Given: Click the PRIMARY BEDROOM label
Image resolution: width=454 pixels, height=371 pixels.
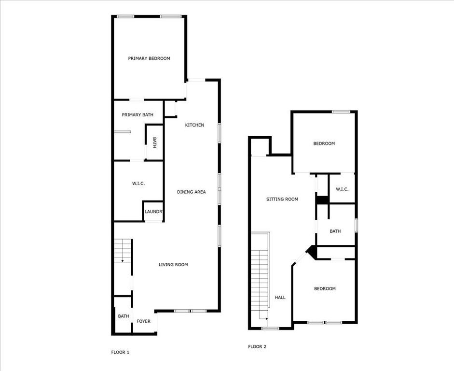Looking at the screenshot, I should pyautogui.click(x=149, y=58).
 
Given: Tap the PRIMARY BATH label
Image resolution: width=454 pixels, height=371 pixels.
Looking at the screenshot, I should pyautogui.click(x=138, y=115).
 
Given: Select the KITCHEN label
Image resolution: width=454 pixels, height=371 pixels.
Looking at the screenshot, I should pyautogui.click(x=194, y=125).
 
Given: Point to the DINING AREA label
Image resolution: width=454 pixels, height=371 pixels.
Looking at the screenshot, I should pyautogui.click(x=191, y=192).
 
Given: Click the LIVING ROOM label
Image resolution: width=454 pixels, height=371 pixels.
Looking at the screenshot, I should pyautogui.click(x=173, y=265).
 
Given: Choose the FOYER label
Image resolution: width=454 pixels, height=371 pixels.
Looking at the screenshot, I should pyautogui.click(x=143, y=321).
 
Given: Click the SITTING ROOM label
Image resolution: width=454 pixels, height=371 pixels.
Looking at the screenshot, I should pyautogui.click(x=282, y=199).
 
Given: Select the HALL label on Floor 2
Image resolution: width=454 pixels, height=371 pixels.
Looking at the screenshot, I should pyautogui.click(x=280, y=298).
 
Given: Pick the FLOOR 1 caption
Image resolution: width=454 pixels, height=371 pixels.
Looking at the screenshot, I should pyautogui.click(x=120, y=353).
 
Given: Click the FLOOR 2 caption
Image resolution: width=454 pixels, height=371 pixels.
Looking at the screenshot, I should pyautogui.click(x=257, y=347).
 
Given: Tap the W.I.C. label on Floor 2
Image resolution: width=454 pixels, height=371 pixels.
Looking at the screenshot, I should pyautogui.click(x=342, y=189).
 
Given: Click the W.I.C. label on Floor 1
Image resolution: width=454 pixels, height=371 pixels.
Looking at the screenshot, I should pyautogui.click(x=138, y=184).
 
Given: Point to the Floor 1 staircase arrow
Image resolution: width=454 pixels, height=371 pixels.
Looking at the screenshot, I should pyautogui.click(x=123, y=260).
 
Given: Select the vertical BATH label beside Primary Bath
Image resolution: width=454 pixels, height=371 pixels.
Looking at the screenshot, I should pyautogui.click(x=154, y=143).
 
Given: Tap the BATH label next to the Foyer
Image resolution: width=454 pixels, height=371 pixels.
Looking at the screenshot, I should pyautogui.click(x=124, y=316).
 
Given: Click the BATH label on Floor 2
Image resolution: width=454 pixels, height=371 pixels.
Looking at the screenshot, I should pyautogui.click(x=335, y=231).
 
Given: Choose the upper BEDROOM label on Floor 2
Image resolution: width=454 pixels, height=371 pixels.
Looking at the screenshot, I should pyautogui.click(x=324, y=143).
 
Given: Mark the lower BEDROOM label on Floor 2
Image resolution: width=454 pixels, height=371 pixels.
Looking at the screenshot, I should pyautogui.click(x=325, y=289).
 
